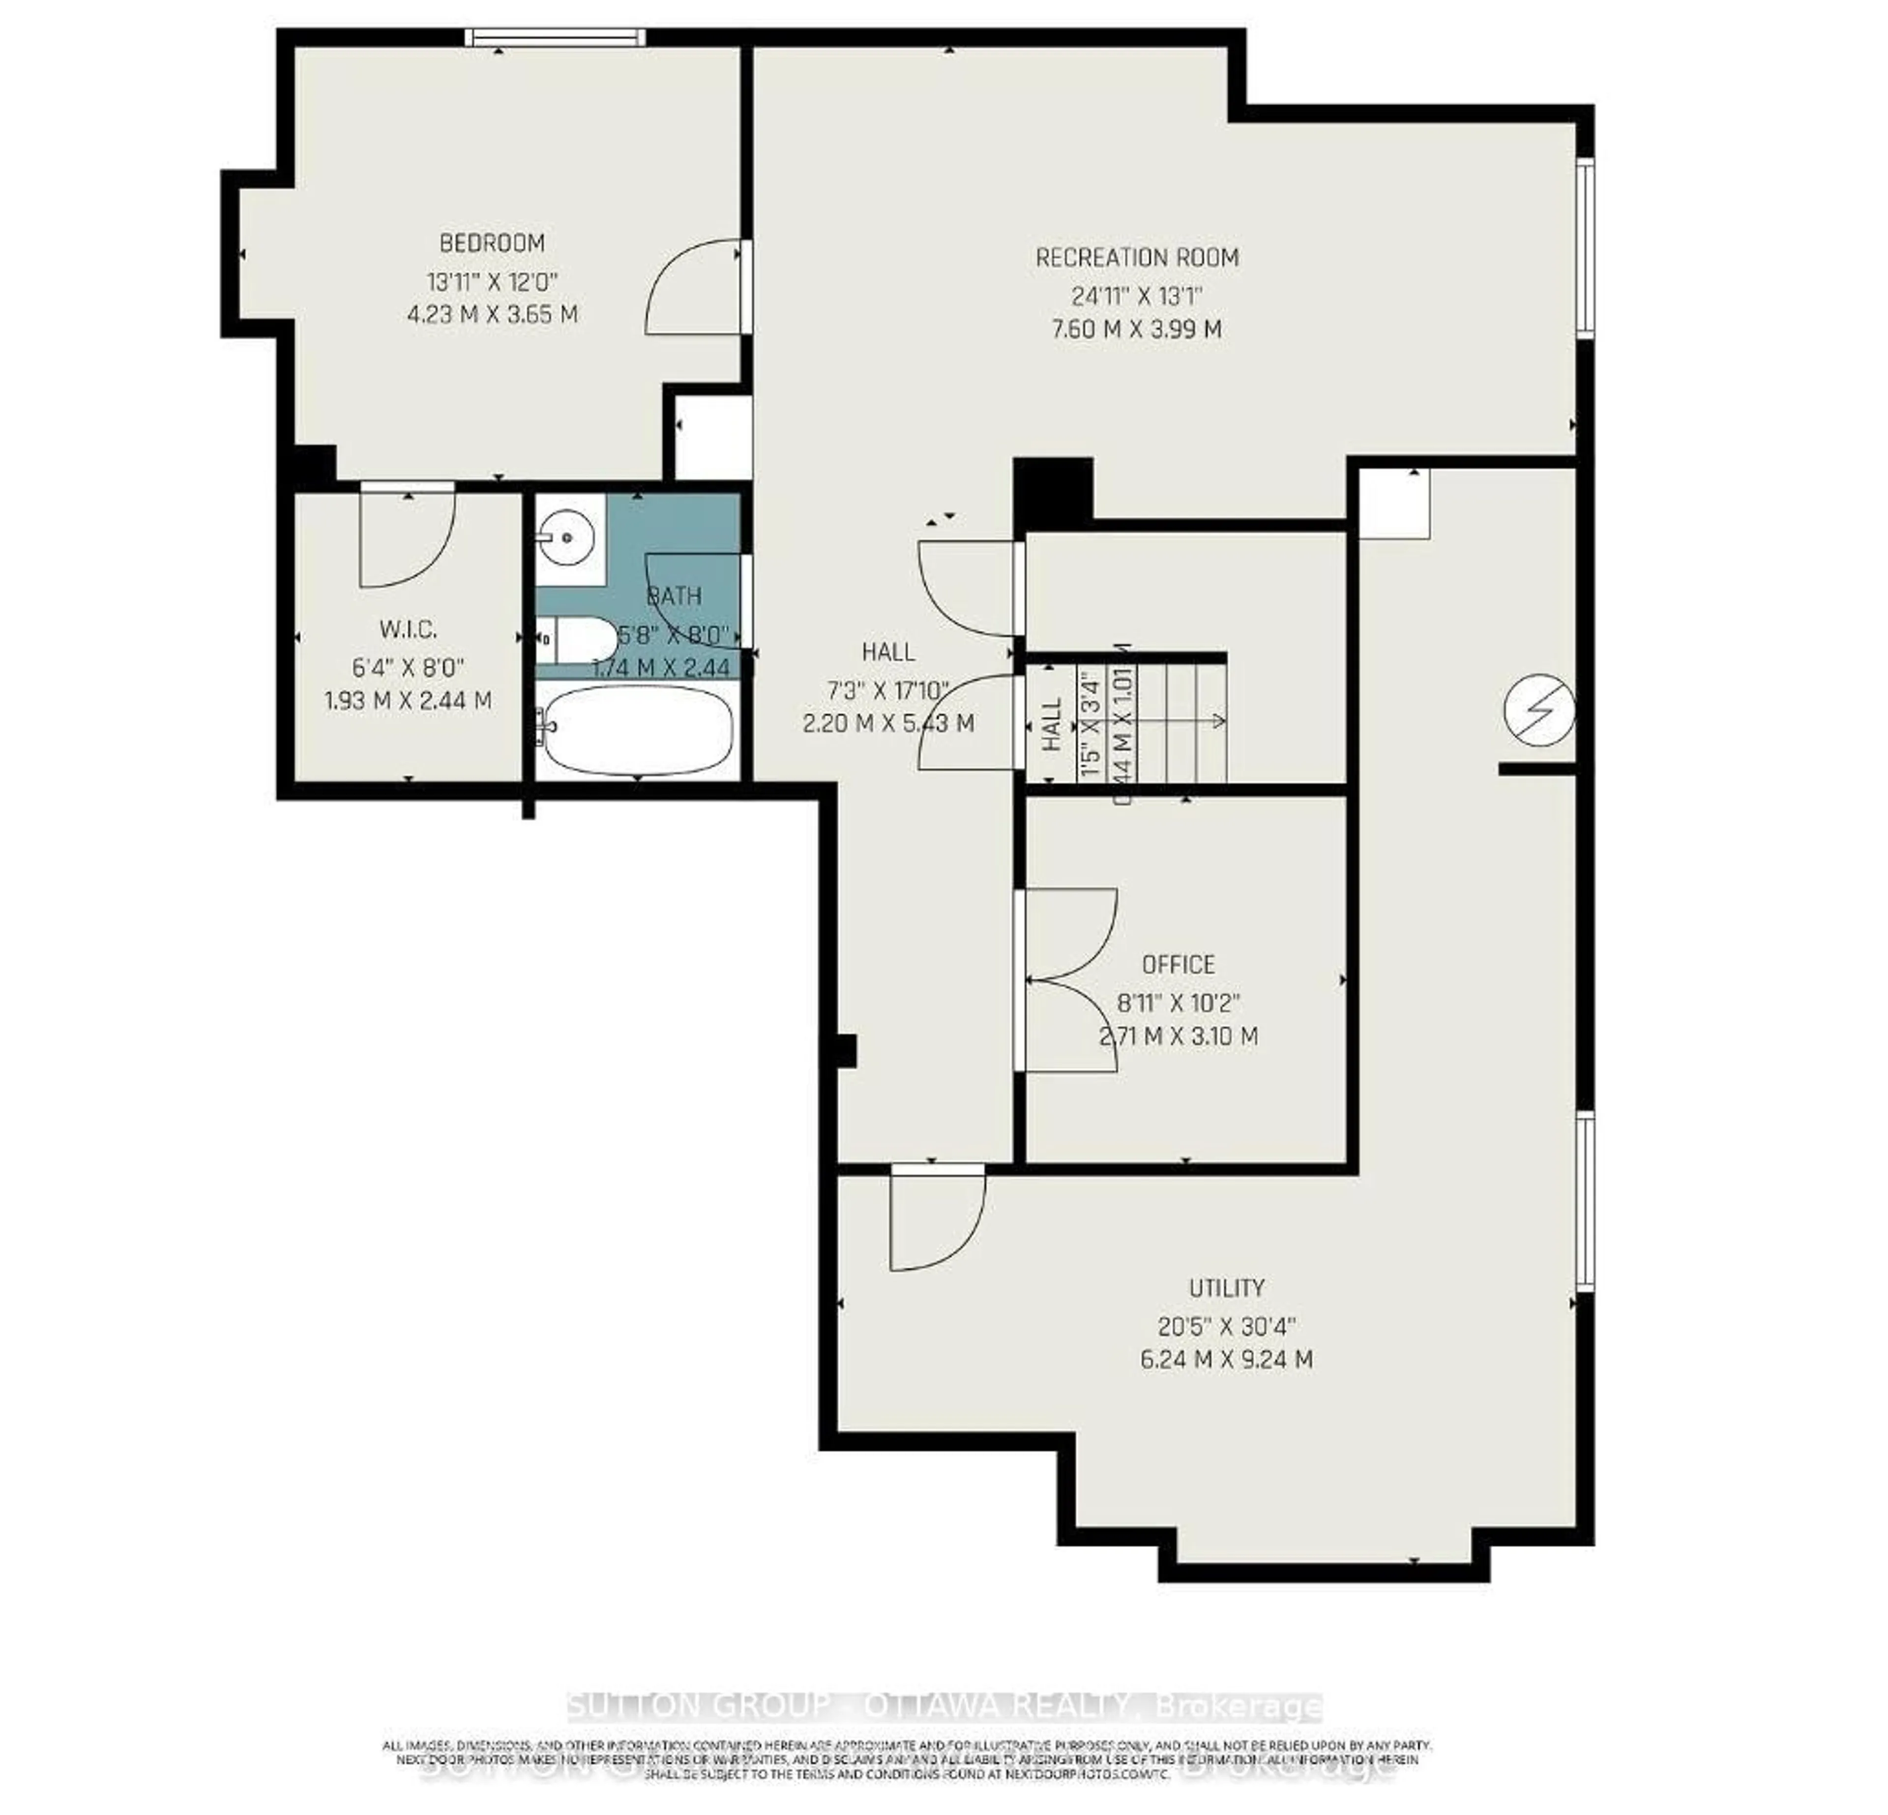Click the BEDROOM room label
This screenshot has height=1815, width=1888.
point(492,243)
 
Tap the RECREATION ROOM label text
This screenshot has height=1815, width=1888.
point(1137,257)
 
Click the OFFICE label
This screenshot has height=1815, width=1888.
point(1178,964)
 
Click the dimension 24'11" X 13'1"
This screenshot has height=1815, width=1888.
point(1137,295)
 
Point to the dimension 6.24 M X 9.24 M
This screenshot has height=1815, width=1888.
point(1225,1359)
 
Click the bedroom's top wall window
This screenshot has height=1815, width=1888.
point(555,36)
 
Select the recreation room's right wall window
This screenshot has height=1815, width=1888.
point(1585,248)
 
